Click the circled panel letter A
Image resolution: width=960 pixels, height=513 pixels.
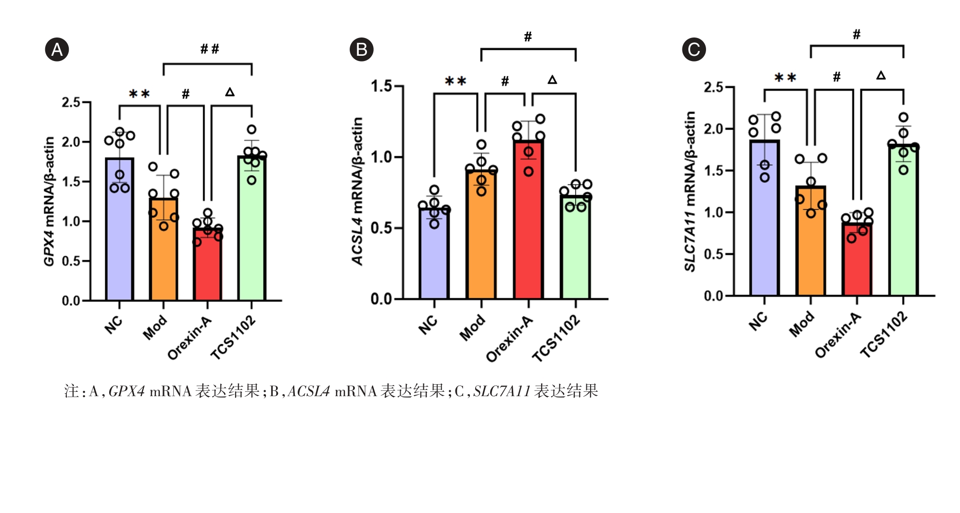click(x=57, y=50)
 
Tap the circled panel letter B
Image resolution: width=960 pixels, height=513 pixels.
click(x=361, y=50)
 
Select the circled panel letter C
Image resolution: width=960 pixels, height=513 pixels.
click(x=694, y=50)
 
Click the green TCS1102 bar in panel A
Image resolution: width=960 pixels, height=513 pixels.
click(x=252, y=240)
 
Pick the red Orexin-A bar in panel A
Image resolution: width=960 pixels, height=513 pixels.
click(x=207, y=269)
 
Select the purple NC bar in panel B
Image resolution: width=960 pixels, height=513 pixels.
click(x=434, y=260)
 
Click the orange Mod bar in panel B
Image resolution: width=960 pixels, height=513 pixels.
click(x=481, y=240)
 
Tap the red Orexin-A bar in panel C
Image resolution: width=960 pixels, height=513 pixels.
click(x=857, y=264)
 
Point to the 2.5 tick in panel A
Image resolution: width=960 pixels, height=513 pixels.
click(x=71, y=102)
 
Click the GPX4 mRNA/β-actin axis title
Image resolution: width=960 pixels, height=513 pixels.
click(x=49, y=201)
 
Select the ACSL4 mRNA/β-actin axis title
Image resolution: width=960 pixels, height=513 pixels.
click(x=357, y=191)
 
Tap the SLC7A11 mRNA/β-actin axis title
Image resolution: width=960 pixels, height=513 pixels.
click(x=690, y=191)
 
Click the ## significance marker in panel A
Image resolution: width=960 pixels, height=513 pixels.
click(x=210, y=49)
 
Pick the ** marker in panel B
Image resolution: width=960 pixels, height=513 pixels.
click(x=455, y=81)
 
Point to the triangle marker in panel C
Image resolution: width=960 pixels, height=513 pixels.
click(x=881, y=75)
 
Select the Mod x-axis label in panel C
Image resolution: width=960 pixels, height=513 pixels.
click(x=802, y=323)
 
